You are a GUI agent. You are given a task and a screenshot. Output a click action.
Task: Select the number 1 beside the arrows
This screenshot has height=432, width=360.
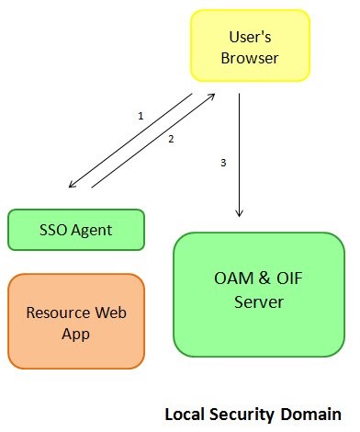(141, 116)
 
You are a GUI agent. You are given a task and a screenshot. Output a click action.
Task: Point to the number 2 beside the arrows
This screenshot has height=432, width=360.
(171, 140)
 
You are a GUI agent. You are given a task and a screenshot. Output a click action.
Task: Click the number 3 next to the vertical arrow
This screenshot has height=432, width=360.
(223, 163)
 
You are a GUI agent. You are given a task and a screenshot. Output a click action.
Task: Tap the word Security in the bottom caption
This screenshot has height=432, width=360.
(240, 414)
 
